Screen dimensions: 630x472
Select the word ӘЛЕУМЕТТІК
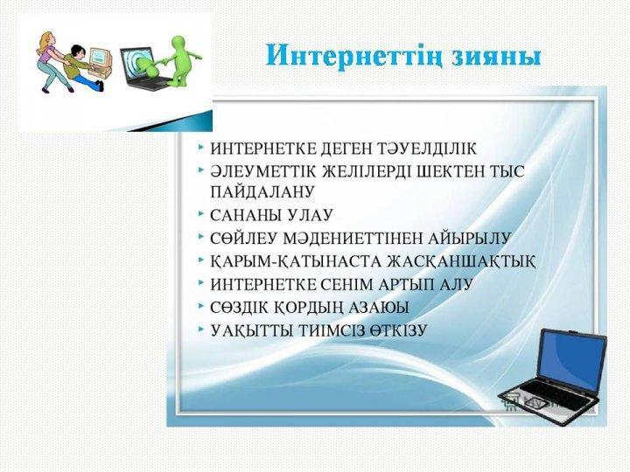pos(263,172)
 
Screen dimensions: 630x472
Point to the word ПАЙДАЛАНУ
pos(262,191)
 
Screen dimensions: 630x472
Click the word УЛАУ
pos(311,215)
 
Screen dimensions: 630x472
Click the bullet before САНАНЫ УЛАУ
pos(200,214)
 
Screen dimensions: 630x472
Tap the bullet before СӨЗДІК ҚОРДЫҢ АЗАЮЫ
pos(200,307)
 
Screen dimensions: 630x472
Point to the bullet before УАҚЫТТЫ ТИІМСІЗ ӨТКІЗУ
pos(200,330)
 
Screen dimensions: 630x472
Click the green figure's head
pos(178,43)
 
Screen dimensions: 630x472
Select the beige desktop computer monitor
pos(99,57)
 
